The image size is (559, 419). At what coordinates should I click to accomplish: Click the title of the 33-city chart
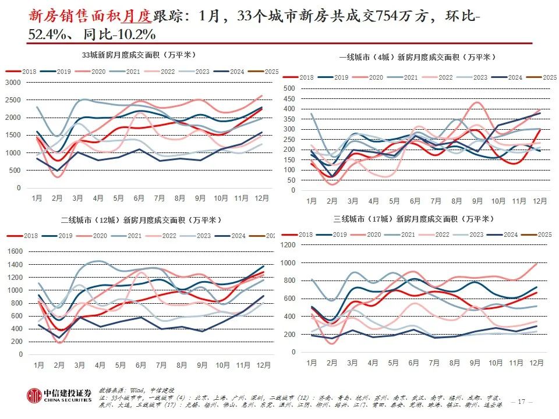tap(139, 55)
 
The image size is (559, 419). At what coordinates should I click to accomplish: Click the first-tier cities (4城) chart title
tap(417, 57)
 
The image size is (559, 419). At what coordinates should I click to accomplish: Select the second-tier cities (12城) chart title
tap(141, 220)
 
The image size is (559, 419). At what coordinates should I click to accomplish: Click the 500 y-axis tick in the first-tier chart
tap(290, 88)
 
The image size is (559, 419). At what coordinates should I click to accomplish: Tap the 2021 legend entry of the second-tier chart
tap(134, 236)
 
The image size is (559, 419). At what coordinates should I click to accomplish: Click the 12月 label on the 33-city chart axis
tap(261, 198)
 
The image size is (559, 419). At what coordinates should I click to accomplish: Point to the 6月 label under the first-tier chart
tap(415, 201)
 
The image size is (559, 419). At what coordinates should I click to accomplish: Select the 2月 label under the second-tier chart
tap(59, 365)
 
